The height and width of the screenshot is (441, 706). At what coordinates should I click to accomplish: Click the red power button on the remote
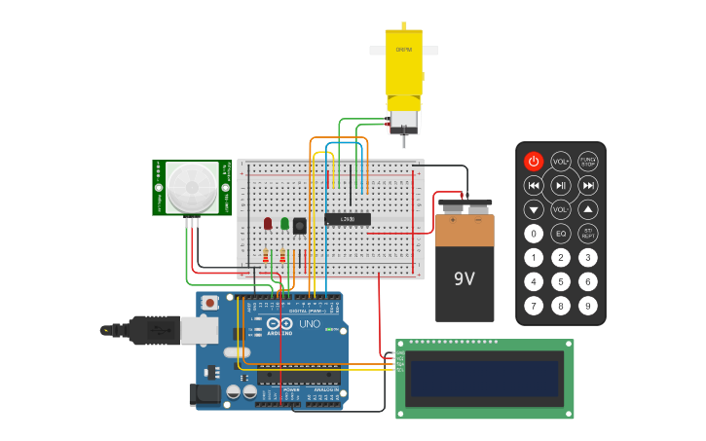(534, 162)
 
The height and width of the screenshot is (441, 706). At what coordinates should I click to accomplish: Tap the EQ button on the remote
(561, 234)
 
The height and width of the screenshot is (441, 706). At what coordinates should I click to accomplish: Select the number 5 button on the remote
(561, 282)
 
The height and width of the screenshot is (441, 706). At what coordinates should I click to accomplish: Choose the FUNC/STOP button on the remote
(588, 162)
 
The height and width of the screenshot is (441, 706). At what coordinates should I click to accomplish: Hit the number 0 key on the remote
(534, 234)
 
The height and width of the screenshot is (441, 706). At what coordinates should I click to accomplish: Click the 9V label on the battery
(464, 279)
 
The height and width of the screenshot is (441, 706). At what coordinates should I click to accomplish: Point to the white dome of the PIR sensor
(191, 188)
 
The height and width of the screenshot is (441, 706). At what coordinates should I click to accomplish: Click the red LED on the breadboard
(268, 224)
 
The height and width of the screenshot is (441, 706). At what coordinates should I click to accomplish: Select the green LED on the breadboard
(284, 224)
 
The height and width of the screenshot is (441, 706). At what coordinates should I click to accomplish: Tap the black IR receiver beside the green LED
(299, 226)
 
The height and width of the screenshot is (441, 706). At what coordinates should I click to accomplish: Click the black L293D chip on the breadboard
(348, 218)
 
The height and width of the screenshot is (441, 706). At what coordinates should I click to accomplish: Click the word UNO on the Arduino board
(309, 324)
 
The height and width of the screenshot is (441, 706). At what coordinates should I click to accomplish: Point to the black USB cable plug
(136, 330)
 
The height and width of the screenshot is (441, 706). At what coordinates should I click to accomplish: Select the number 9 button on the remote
(588, 306)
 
